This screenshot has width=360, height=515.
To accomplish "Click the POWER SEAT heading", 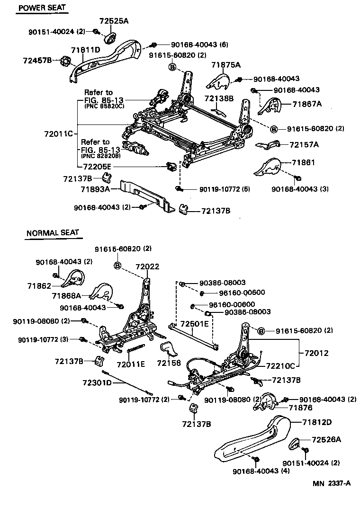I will pyautogui.click(x=42, y=8).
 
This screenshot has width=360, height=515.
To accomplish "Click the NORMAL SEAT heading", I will pyautogui.click(x=53, y=233).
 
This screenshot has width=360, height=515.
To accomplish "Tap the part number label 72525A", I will pyautogui.click(x=114, y=21).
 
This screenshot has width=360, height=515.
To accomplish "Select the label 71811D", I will pyautogui.click(x=86, y=50).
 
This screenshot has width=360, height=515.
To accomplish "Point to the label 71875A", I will pyautogui.click(x=226, y=65).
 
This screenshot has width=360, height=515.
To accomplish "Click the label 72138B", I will pyautogui.click(x=219, y=98).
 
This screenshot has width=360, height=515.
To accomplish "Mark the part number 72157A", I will pyautogui.click(x=304, y=144).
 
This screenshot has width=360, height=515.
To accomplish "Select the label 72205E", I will pyautogui.click(x=97, y=167).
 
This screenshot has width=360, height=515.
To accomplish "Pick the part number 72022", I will pyautogui.click(x=147, y=266).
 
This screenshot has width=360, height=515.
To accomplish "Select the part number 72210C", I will pyautogui.click(x=280, y=365).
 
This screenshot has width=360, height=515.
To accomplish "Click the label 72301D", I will pyautogui.click(x=96, y=382).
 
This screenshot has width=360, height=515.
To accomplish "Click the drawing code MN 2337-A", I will pyautogui.click(x=331, y=483).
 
